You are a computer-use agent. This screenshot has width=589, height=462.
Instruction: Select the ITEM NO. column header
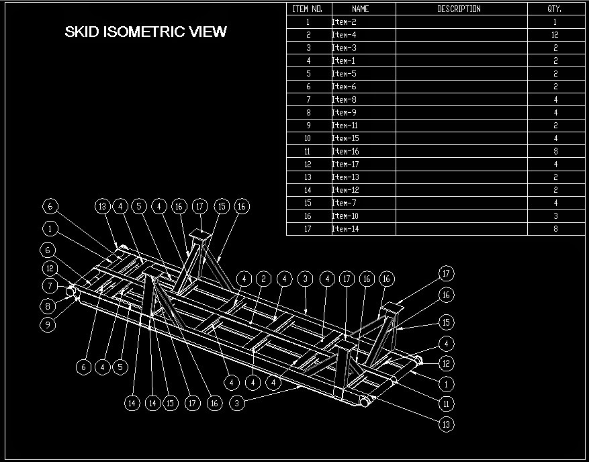(x=308, y=9)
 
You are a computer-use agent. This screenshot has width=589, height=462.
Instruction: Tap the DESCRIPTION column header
(x=459, y=9)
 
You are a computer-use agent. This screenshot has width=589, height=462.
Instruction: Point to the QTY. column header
(x=555, y=9)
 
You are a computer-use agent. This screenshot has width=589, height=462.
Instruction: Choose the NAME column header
(x=361, y=9)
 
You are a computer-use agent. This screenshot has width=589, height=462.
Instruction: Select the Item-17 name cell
(x=342, y=165)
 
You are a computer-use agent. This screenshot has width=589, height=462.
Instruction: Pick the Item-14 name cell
(x=342, y=229)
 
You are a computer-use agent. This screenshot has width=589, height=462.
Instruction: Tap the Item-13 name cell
(x=342, y=177)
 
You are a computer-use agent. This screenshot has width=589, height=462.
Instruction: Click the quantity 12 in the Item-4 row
(x=555, y=35)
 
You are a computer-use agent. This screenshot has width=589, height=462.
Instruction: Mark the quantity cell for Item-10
(x=555, y=216)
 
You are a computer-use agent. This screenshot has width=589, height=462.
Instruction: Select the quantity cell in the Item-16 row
(x=555, y=152)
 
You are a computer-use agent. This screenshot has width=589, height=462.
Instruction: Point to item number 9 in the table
(x=308, y=126)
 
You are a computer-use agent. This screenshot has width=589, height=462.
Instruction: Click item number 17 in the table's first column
(x=308, y=229)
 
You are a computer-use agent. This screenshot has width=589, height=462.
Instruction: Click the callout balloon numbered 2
(x=263, y=279)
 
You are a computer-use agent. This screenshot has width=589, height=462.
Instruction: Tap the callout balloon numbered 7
(x=48, y=286)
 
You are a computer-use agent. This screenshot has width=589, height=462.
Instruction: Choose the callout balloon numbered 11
(x=446, y=404)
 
